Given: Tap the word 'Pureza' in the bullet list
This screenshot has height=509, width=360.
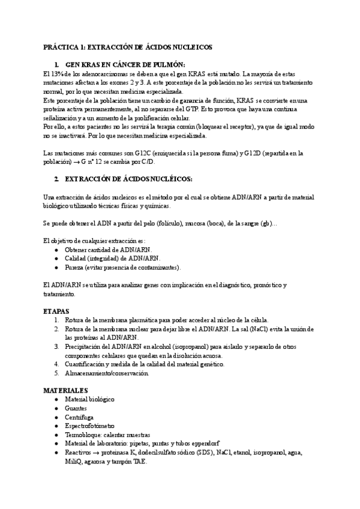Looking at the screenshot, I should tap(74, 267).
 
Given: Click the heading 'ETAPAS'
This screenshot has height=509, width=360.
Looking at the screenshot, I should tap(56, 311).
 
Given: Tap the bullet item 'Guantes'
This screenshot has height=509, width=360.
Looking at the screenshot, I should tap(77, 408).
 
